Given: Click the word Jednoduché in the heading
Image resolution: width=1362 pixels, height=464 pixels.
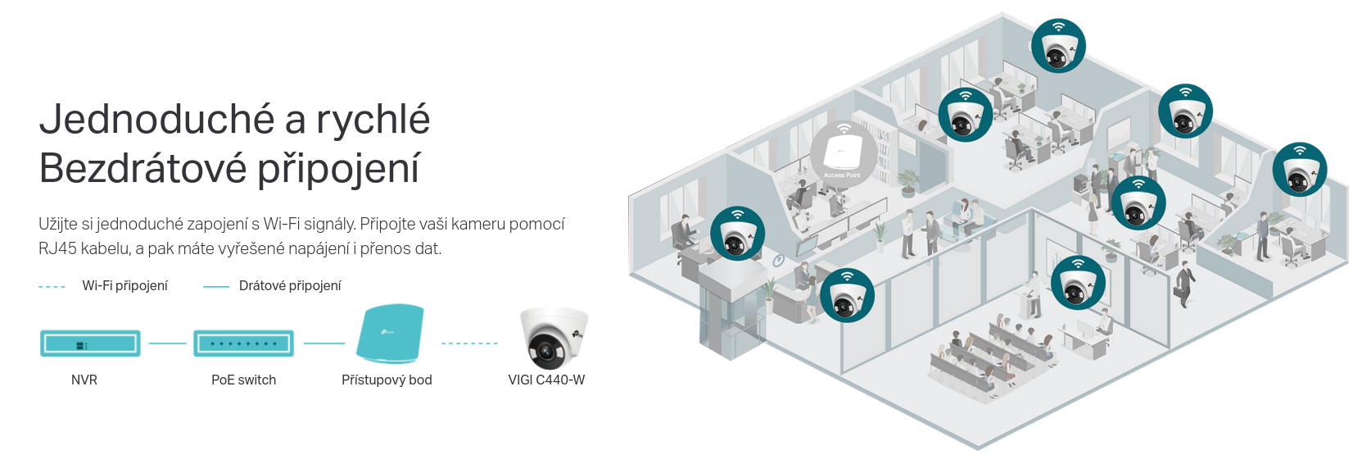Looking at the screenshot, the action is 156,119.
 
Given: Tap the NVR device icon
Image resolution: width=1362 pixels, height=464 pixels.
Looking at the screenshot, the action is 90,343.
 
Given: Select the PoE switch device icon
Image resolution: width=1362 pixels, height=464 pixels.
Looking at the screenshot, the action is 243,343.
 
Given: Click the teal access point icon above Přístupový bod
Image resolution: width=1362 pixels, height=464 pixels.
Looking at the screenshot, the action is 390,333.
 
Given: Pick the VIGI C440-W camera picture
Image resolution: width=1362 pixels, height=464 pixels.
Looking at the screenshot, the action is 554,339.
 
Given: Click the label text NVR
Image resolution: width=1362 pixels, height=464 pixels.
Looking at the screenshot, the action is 84,380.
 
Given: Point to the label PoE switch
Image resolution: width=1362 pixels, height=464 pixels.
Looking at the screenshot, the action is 243,380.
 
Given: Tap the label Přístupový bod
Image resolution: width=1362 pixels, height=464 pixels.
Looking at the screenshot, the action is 387,380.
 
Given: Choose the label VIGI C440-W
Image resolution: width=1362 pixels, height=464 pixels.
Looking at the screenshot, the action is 546,380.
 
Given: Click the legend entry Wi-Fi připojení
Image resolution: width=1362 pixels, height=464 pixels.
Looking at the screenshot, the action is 124,285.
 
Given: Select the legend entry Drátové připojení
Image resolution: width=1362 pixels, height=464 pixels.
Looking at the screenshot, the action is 290,285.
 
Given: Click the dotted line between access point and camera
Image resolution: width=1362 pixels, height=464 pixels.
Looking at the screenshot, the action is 469,343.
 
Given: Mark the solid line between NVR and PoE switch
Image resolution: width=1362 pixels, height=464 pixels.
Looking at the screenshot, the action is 167,343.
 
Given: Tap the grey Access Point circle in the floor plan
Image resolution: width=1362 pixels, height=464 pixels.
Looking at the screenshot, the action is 843,153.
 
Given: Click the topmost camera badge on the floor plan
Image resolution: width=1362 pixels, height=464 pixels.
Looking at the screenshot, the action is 1059,46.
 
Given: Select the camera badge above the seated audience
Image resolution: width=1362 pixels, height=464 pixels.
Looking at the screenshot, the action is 1078,283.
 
